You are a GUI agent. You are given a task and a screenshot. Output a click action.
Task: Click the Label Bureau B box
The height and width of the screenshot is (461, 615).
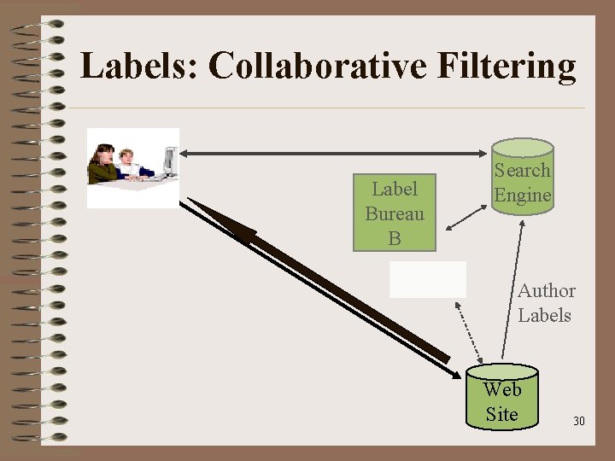click(x=395, y=213)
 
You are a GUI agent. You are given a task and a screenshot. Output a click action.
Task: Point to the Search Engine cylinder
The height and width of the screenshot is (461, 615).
click(x=522, y=181)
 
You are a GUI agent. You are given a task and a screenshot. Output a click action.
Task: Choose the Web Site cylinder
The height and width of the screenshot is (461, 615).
click(x=502, y=398)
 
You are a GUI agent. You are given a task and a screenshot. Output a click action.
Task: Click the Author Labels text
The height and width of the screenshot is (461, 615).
click(x=545, y=303)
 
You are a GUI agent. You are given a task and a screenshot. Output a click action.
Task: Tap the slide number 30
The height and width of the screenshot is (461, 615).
click(x=579, y=422)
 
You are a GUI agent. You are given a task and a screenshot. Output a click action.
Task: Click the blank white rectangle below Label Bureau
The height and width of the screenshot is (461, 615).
click(x=428, y=279)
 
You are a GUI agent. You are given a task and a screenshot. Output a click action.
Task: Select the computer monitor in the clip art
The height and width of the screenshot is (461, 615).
click(x=169, y=160)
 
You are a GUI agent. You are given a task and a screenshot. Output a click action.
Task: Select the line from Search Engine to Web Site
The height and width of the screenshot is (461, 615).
click(x=510, y=290)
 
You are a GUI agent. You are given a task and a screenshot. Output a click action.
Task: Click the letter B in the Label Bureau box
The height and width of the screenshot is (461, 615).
click(x=394, y=239)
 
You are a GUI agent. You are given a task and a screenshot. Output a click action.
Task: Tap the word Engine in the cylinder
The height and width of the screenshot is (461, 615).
click(x=522, y=195)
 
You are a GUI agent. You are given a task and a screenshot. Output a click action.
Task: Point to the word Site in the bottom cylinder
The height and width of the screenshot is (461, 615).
click(x=501, y=414)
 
